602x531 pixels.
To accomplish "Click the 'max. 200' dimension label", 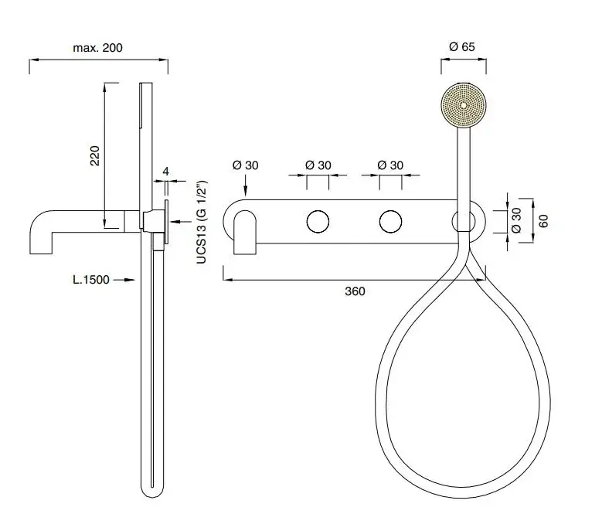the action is (97, 48).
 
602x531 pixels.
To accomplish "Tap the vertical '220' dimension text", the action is (95, 155).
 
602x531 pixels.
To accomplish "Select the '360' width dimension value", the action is (355, 291).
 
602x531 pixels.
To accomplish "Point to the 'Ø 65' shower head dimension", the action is (462, 47).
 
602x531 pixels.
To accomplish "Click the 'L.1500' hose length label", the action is (91, 280).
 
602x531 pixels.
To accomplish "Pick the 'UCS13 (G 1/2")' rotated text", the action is (202, 222).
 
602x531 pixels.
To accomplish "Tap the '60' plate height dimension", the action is (543, 221).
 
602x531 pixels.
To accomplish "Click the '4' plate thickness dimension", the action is (165, 172).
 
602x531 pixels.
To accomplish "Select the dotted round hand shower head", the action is (464, 105).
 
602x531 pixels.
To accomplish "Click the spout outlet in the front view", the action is (245, 233).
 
